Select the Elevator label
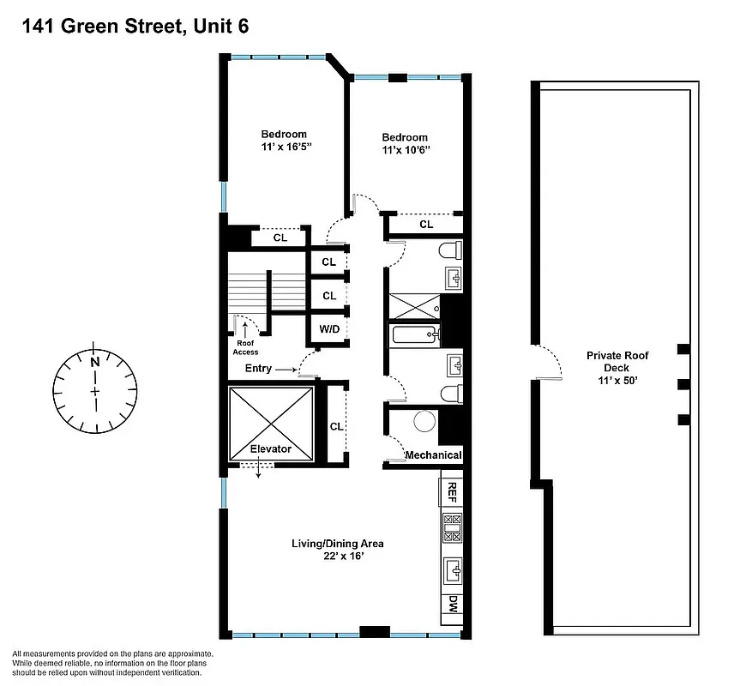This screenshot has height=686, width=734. coord(270,448)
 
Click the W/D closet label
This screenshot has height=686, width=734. coord(328,328)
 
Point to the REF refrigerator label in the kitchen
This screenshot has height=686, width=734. coord(452,492)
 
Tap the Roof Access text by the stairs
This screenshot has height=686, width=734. coord(245,346)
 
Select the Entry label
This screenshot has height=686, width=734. coord(257,369)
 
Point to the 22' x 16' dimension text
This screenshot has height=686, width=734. coord(337,557)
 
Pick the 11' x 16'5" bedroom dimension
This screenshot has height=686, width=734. coord(284,147)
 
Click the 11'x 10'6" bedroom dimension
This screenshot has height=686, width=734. coord(404,150)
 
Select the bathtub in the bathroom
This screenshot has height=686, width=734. coord(414,334)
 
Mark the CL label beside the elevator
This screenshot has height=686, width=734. coord(336,426)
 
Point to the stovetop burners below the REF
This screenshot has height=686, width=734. coord(452,527)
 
